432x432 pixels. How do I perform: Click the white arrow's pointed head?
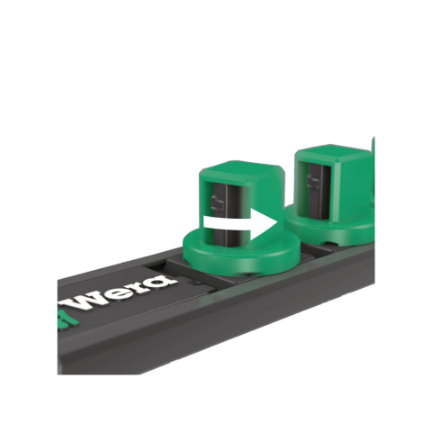[x=276, y=223]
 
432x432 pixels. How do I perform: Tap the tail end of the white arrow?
[x=204, y=223]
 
